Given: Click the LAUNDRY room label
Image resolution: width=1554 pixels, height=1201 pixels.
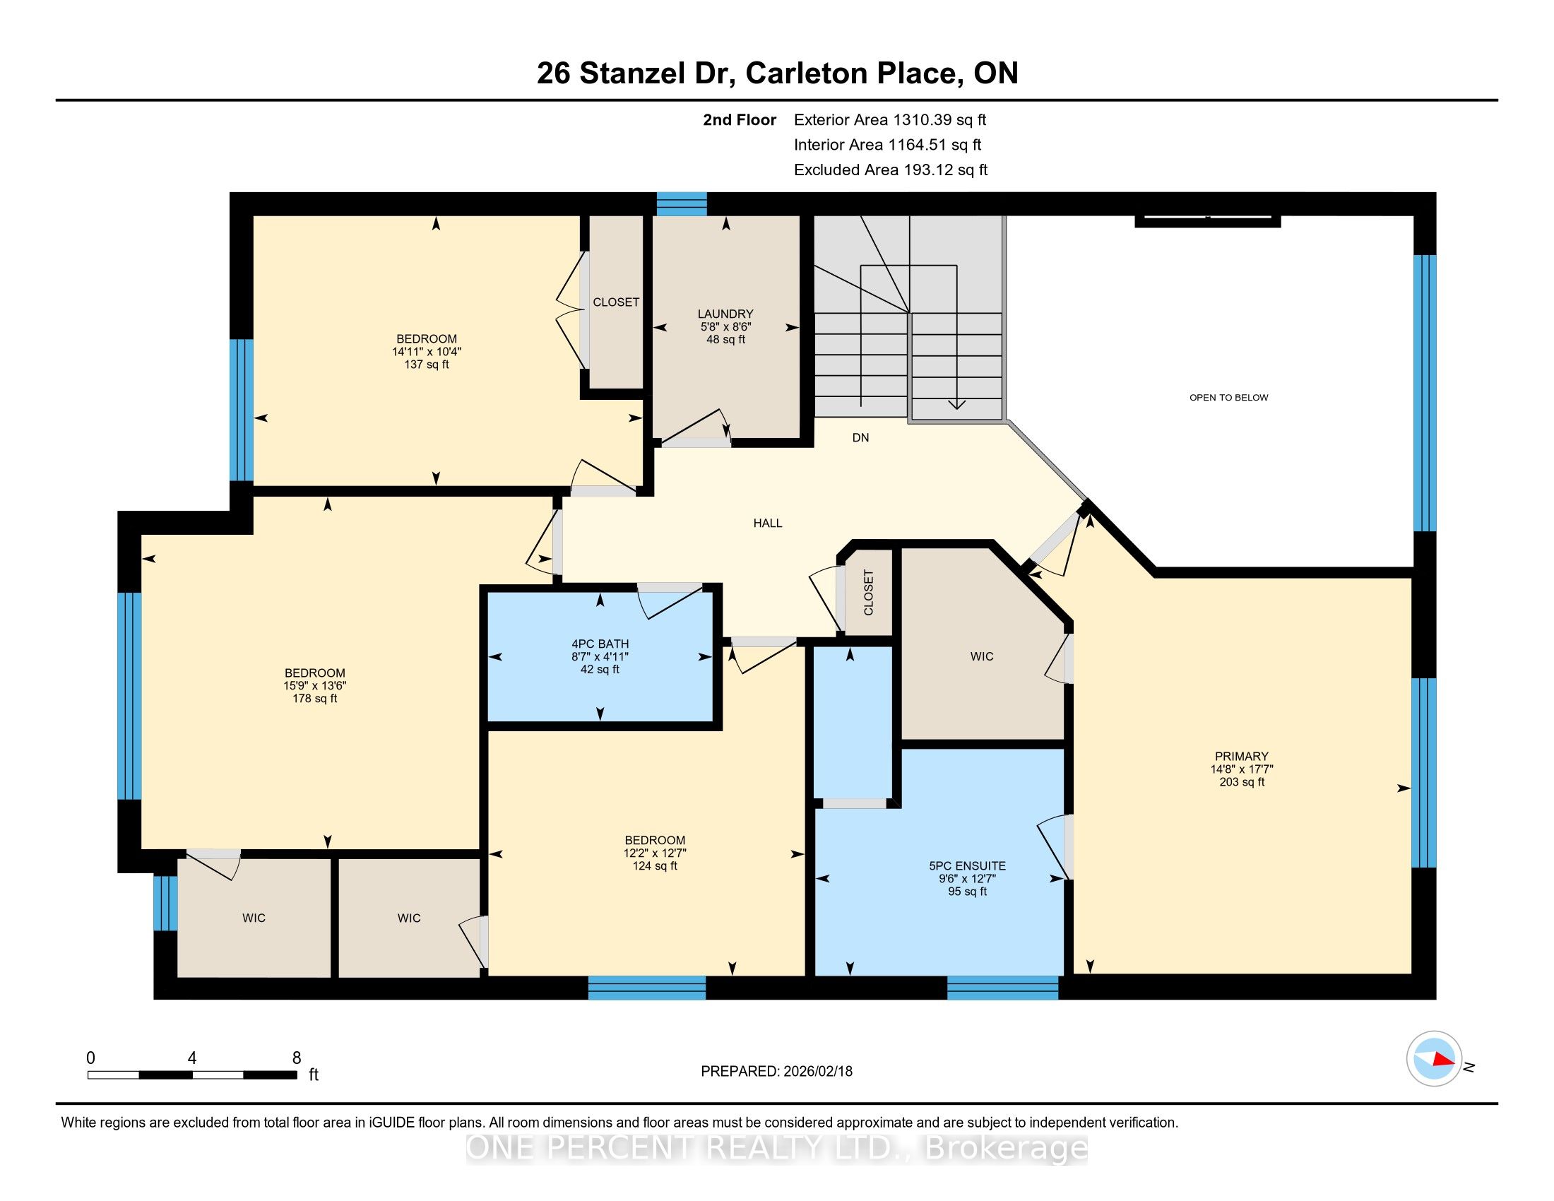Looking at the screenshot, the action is click(725, 314).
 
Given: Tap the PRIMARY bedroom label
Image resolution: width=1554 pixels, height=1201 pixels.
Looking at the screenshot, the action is click(1242, 757).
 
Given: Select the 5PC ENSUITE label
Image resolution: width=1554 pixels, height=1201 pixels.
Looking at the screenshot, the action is click(967, 866).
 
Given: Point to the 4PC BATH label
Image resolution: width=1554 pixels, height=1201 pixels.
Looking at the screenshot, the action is click(600, 644).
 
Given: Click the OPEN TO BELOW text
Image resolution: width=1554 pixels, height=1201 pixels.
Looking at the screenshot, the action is click(1229, 398).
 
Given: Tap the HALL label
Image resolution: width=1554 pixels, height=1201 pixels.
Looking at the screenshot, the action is click(768, 523).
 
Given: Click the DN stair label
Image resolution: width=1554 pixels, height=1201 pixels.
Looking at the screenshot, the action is click(861, 438).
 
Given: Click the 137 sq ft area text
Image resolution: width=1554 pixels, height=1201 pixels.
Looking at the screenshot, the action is click(426, 365).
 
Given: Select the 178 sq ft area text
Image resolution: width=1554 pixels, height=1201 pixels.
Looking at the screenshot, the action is click(314, 699).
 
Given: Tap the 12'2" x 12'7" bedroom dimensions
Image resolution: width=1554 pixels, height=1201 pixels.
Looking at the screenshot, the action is click(655, 853).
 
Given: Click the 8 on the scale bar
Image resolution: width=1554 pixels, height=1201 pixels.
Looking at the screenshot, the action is click(297, 1058).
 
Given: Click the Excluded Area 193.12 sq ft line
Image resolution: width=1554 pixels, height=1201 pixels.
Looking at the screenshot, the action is click(891, 170).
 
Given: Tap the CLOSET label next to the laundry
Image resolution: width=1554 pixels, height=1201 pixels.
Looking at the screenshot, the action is click(616, 302).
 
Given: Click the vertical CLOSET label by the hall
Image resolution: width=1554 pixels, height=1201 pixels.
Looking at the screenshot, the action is click(868, 593).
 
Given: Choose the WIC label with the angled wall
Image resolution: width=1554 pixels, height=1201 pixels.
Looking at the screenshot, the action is click(982, 657).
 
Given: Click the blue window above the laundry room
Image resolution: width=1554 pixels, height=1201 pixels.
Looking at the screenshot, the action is click(682, 203).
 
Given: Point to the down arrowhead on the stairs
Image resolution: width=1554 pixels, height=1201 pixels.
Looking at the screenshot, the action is click(957, 405).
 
